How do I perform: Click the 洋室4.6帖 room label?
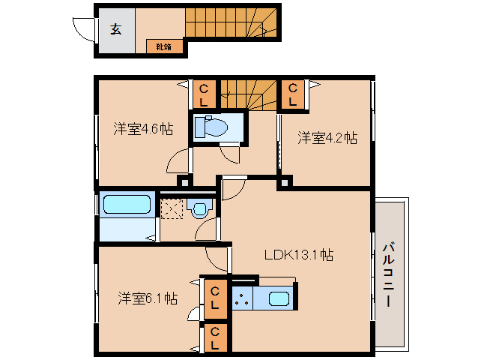click(143, 128)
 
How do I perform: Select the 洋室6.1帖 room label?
click(147, 298)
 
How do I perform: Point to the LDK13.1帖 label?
click(298, 255)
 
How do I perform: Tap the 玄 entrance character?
click(116, 29)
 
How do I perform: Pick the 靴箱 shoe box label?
click(163, 46)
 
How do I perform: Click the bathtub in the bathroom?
click(127, 205)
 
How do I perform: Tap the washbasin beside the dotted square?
click(200, 208)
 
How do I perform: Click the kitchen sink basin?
click(276, 300)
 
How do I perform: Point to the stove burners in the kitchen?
click(243, 300)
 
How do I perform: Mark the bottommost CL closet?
click(214, 338)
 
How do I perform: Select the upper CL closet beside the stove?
click(214, 298)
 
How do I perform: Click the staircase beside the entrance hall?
click(229, 22)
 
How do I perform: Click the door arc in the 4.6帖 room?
click(178, 159)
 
